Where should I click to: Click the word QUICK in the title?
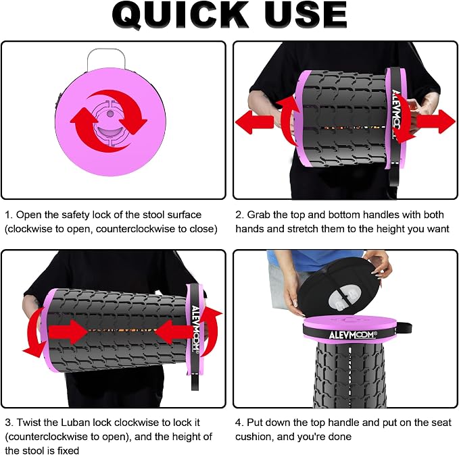coord(180,16)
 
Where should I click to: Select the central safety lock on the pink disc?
coord(110,123)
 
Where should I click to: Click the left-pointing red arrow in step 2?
coord(254,122)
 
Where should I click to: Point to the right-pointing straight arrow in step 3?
coord(68,332)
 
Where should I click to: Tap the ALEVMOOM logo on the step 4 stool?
coord(353,335)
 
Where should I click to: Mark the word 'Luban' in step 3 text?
coord(76,423)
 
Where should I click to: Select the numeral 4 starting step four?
coord(238,423)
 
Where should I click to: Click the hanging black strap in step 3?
coord(195,382)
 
